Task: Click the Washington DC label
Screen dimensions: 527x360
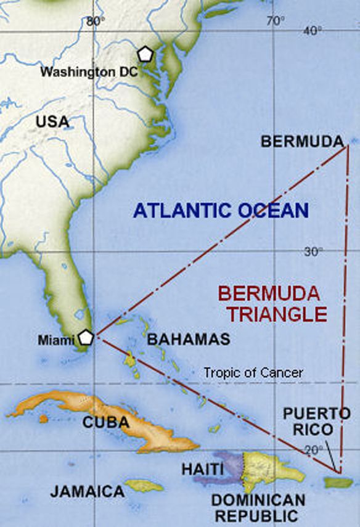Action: (x=89, y=71)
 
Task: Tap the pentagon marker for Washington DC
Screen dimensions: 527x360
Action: (x=145, y=54)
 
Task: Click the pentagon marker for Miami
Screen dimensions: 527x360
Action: (x=86, y=337)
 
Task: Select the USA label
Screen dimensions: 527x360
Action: (x=52, y=121)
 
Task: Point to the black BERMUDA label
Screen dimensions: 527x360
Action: (x=302, y=142)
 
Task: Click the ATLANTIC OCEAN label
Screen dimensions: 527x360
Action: (x=221, y=211)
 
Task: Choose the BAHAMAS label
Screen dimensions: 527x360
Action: (x=188, y=338)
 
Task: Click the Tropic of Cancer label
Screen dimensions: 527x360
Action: (x=253, y=372)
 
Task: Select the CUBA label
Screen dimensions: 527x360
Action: (x=105, y=423)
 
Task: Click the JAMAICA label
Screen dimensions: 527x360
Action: (x=87, y=491)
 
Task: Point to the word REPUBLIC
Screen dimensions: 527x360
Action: (x=258, y=515)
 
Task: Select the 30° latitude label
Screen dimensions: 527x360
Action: (x=313, y=251)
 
